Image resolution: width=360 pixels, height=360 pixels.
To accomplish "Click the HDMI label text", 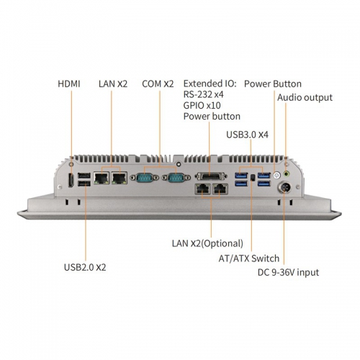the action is pyautogui.click(x=69, y=84).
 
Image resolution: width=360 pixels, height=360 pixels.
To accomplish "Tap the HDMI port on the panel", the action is pyautogui.click(x=71, y=180).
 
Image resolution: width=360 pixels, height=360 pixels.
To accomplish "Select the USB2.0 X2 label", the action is pyautogui.click(x=85, y=267).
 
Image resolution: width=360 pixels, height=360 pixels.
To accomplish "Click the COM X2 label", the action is pyautogui.click(x=158, y=84).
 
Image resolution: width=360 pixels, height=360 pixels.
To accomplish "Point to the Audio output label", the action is pyautogui.click(x=305, y=98).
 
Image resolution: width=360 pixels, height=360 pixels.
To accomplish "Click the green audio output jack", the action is pyautogui.click(x=286, y=174).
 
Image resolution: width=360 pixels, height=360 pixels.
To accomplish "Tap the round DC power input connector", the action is pyautogui.click(x=284, y=187).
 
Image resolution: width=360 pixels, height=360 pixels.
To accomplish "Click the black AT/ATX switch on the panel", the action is pyautogui.click(x=252, y=178).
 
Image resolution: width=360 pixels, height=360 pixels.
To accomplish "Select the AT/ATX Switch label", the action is pyautogui.click(x=249, y=258).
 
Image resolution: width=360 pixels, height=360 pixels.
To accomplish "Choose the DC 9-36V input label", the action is pyautogui.click(x=288, y=272).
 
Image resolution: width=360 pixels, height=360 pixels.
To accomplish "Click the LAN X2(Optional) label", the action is pyautogui.click(x=207, y=243).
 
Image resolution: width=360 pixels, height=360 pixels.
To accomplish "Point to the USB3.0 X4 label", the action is pyautogui.click(x=247, y=135).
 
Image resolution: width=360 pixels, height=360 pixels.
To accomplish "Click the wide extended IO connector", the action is pyautogui.click(x=211, y=176).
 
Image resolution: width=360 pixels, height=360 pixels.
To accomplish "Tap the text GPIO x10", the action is pyautogui.click(x=202, y=105).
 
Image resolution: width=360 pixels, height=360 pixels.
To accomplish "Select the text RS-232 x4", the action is pyautogui.click(x=203, y=94).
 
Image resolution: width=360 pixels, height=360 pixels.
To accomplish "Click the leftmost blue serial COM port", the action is pyautogui.click(x=145, y=178).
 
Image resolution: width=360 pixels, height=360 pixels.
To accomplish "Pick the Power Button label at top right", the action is pyautogui.click(x=273, y=84).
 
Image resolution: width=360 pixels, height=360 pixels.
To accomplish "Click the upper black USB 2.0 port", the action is pyautogui.click(x=84, y=176).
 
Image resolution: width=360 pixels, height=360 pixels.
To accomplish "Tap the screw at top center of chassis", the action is pyautogui.click(x=179, y=164).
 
